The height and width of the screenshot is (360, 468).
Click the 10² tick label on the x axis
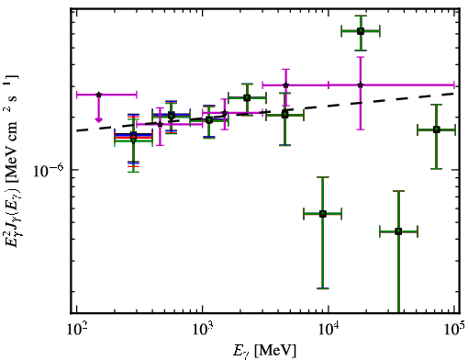coord(77,329)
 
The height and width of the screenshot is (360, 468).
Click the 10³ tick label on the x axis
coord(203,329)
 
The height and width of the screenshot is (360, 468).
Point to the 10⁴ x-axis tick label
coord(329,329)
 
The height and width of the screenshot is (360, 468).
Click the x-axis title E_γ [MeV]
coord(264,351)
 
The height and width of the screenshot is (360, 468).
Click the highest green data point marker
coord(361,31)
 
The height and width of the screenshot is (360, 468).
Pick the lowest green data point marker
coord(398,231)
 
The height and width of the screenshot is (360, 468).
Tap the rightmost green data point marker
coord(437,129)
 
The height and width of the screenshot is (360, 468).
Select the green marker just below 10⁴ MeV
coord(323,214)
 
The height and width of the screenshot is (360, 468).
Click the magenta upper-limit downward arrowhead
coord(98,119)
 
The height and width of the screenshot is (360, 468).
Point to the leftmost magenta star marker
coord(98,95)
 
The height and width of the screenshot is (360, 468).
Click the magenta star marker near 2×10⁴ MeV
coord(361,85)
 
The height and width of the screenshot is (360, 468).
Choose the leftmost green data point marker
coord(133,138)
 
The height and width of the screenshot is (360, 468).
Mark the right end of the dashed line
coord(455,93)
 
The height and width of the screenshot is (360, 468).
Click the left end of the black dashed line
coord(77,130)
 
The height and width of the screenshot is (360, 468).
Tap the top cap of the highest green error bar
coord(361,16)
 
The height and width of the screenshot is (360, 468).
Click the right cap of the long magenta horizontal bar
coord(454,85)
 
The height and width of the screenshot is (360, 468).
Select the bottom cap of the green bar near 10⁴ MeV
coord(323,288)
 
